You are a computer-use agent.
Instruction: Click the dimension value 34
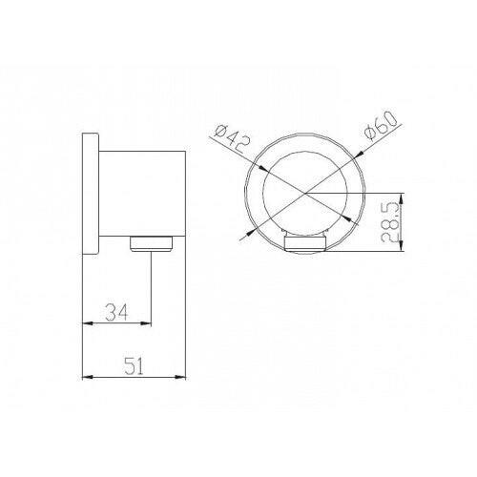[x=116, y=312]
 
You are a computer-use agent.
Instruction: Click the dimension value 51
[x=134, y=365]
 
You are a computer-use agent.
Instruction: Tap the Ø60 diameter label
[x=382, y=125]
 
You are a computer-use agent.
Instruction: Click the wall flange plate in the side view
[x=91, y=194]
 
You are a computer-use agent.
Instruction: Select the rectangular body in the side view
[x=142, y=194]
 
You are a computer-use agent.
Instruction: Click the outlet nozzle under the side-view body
[x=152, y=243]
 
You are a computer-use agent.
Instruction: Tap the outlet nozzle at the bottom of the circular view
[x=304, y=244]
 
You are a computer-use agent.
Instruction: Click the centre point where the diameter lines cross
[x=304, y=193]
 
